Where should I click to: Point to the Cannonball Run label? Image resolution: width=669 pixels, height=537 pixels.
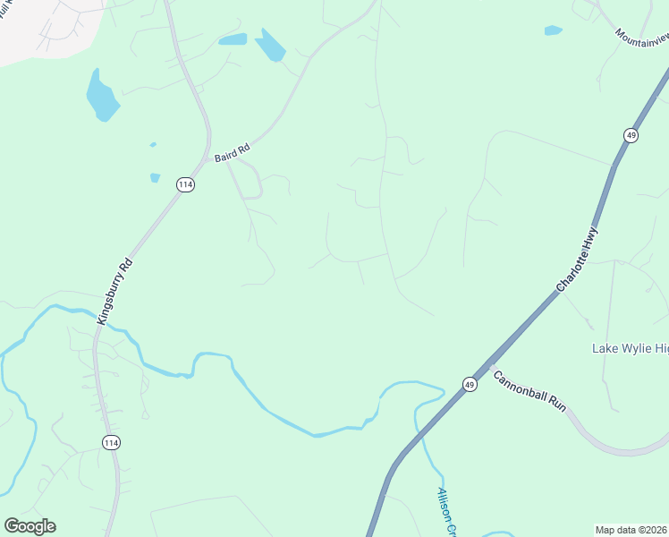[529, 390]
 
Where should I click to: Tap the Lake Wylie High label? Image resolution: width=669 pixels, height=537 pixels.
[631, 347]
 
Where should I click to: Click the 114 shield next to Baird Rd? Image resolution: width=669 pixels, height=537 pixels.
[185, 184]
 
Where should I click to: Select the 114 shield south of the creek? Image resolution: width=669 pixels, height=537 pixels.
[111, 442]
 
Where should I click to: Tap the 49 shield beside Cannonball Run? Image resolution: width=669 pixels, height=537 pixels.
[470, 384]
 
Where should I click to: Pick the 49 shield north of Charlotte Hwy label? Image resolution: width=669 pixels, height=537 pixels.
[631, 135]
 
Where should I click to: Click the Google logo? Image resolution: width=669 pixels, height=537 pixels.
[30, 526]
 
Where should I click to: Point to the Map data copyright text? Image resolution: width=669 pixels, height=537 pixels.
[631, 529]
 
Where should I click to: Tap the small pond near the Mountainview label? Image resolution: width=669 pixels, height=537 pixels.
[553, 30]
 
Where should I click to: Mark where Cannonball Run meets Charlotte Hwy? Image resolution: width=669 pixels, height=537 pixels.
[487, 364]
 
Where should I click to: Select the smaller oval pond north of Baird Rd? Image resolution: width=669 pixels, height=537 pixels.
[233, 39]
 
